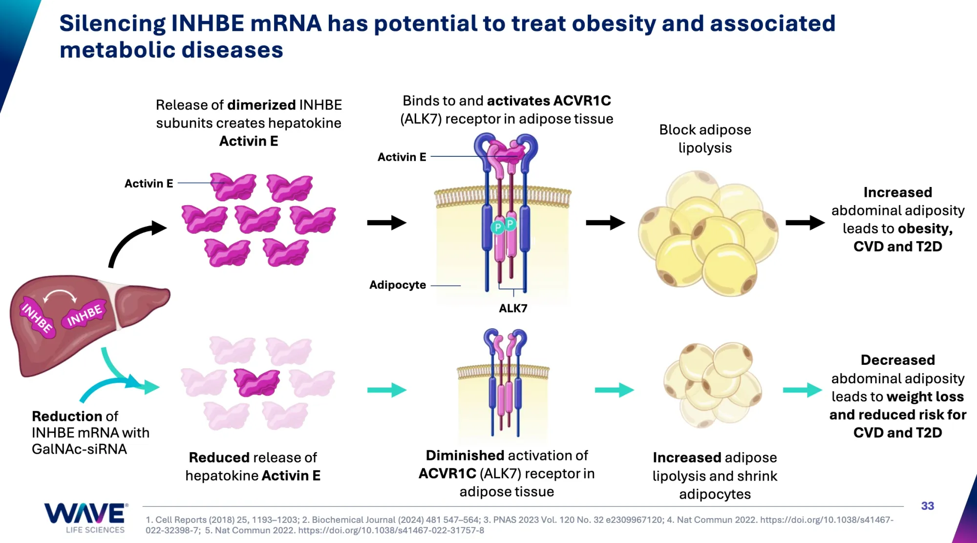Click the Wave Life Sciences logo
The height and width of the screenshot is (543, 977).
tap(86, 518)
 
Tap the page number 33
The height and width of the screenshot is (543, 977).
tap(927, 506)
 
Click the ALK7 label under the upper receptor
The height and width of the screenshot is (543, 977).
tap(513, 308)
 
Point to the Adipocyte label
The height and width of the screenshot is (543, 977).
tap(397, 285)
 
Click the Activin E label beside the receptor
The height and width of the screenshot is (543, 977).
tap(402, 157)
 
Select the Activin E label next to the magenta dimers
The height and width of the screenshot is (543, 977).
tap(149, 183)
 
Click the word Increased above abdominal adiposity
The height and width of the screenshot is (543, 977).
tap(897, 192)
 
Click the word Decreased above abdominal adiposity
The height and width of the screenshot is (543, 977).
tap(897, 360)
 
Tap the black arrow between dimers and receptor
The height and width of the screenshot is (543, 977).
tap(386, 223)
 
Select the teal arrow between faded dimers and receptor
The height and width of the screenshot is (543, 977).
tap(386, 390)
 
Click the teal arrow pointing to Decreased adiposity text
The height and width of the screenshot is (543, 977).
tap(802, 390)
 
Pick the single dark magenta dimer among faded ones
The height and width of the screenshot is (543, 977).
tap(256, 381)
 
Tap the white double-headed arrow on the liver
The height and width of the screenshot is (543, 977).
tap(60, 295)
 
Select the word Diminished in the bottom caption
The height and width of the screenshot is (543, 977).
tap(465, 455)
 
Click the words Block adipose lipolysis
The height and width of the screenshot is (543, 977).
tap(705, 139)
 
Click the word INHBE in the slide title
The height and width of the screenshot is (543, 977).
tap(208, 23)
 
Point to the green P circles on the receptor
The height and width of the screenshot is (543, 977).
tap(504, 226)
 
